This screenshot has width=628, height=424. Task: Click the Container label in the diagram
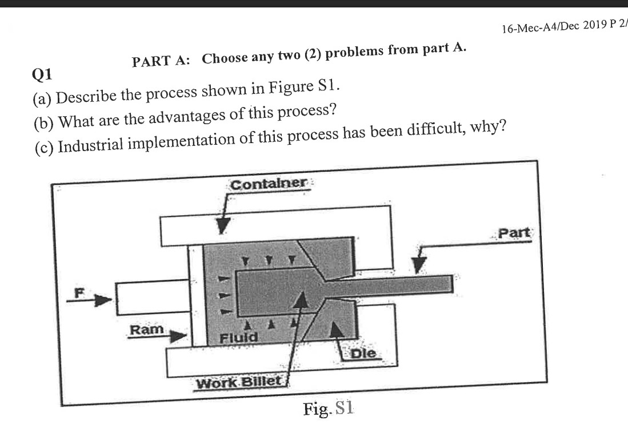(x=269, y=184)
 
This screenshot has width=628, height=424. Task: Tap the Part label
(x=514, y=233)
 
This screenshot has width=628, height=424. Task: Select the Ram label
(x=146, y=330)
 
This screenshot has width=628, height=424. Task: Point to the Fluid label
(x=239, y=338)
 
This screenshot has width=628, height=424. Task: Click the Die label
(x=363, y=354)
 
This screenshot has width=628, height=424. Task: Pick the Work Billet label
(x=239, y=382)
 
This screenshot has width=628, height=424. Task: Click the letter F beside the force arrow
(x=81, y=292)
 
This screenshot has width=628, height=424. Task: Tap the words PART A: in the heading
(x=163, y=61)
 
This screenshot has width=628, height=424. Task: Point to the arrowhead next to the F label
(x=102, y=300)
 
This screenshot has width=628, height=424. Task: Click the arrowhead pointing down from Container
(x=223, y=227)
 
